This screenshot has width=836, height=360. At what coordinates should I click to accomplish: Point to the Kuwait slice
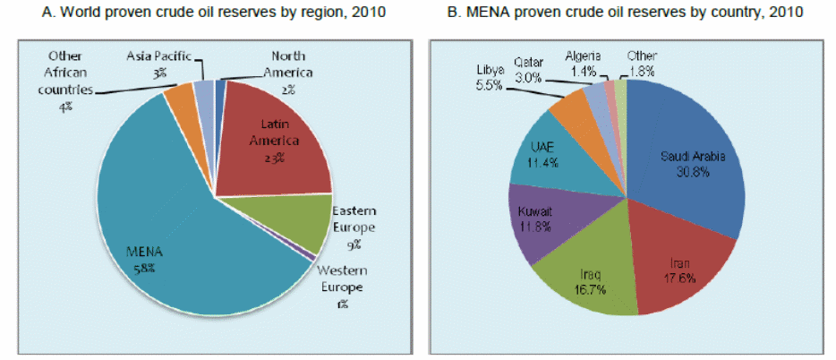(x=535, y=219)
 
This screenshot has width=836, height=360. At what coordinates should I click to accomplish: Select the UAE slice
(x=546, y=157)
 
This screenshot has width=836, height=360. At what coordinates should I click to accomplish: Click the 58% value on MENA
(x=143, y=268)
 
